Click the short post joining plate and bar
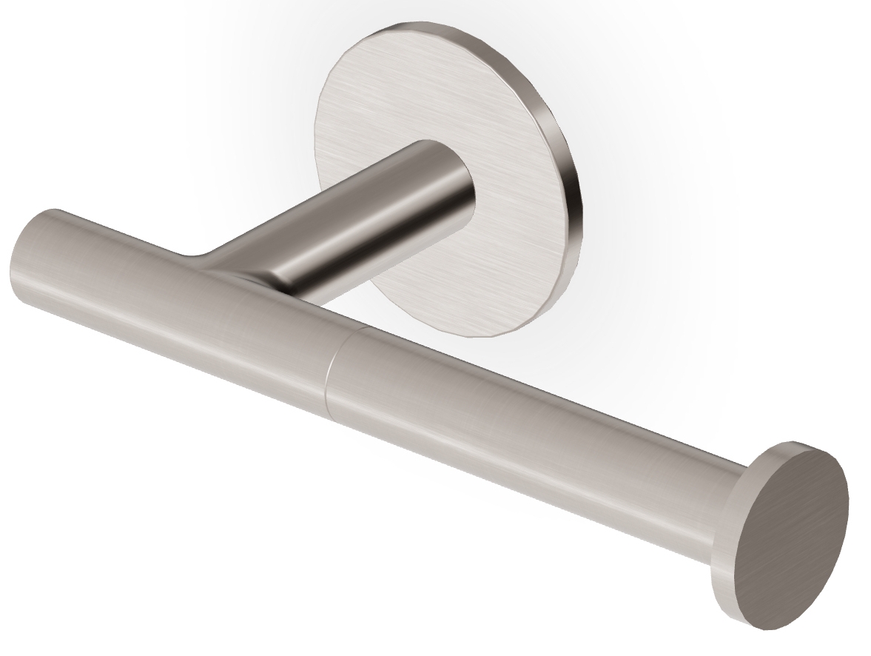370,222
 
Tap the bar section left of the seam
185,311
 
